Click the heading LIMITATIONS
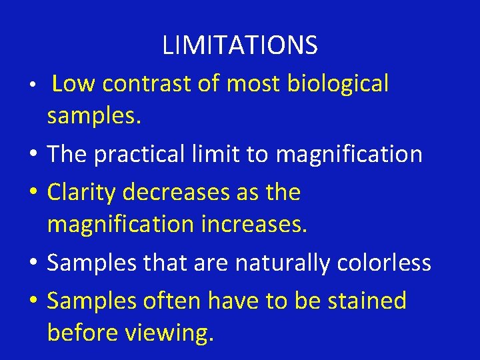click(240, 45)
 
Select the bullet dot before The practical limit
click(35, 156)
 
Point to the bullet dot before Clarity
click(35, 194)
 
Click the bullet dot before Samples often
click(35, 302)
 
